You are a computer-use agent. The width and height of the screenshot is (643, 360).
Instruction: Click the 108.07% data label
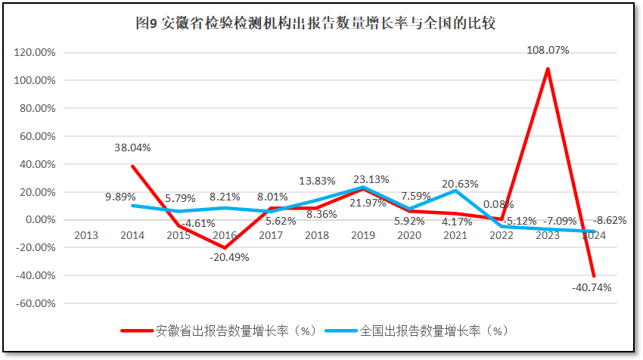pyautogui.click(x=548, y=51)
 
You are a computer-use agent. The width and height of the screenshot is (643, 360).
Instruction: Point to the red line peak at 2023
pyautogui.click(x=548, y=69)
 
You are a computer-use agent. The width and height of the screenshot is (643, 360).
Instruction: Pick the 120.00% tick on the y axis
pyautogui.click(x=36, y=53)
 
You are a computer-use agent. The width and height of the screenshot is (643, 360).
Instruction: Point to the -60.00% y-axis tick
pyautogui.click(x=36, y=303)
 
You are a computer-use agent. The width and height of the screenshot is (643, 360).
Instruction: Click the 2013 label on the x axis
pyautogui.click(x=86, y=235)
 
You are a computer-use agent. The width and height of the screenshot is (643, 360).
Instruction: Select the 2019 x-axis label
pyautogui.click(x=363, y=235)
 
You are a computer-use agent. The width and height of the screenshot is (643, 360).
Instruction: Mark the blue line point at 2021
pyautogui.click(x=455, y=191)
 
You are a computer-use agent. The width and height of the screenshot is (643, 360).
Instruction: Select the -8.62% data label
pyautogui.click(x=610, y=221)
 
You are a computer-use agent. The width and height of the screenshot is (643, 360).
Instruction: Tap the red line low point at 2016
pyautogui.click(x=225, y=248)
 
